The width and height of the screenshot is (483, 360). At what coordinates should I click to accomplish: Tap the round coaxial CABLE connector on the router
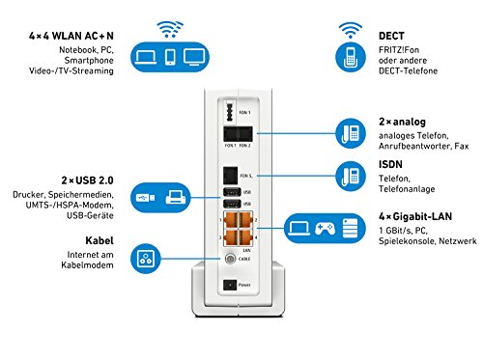(230, 260)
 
